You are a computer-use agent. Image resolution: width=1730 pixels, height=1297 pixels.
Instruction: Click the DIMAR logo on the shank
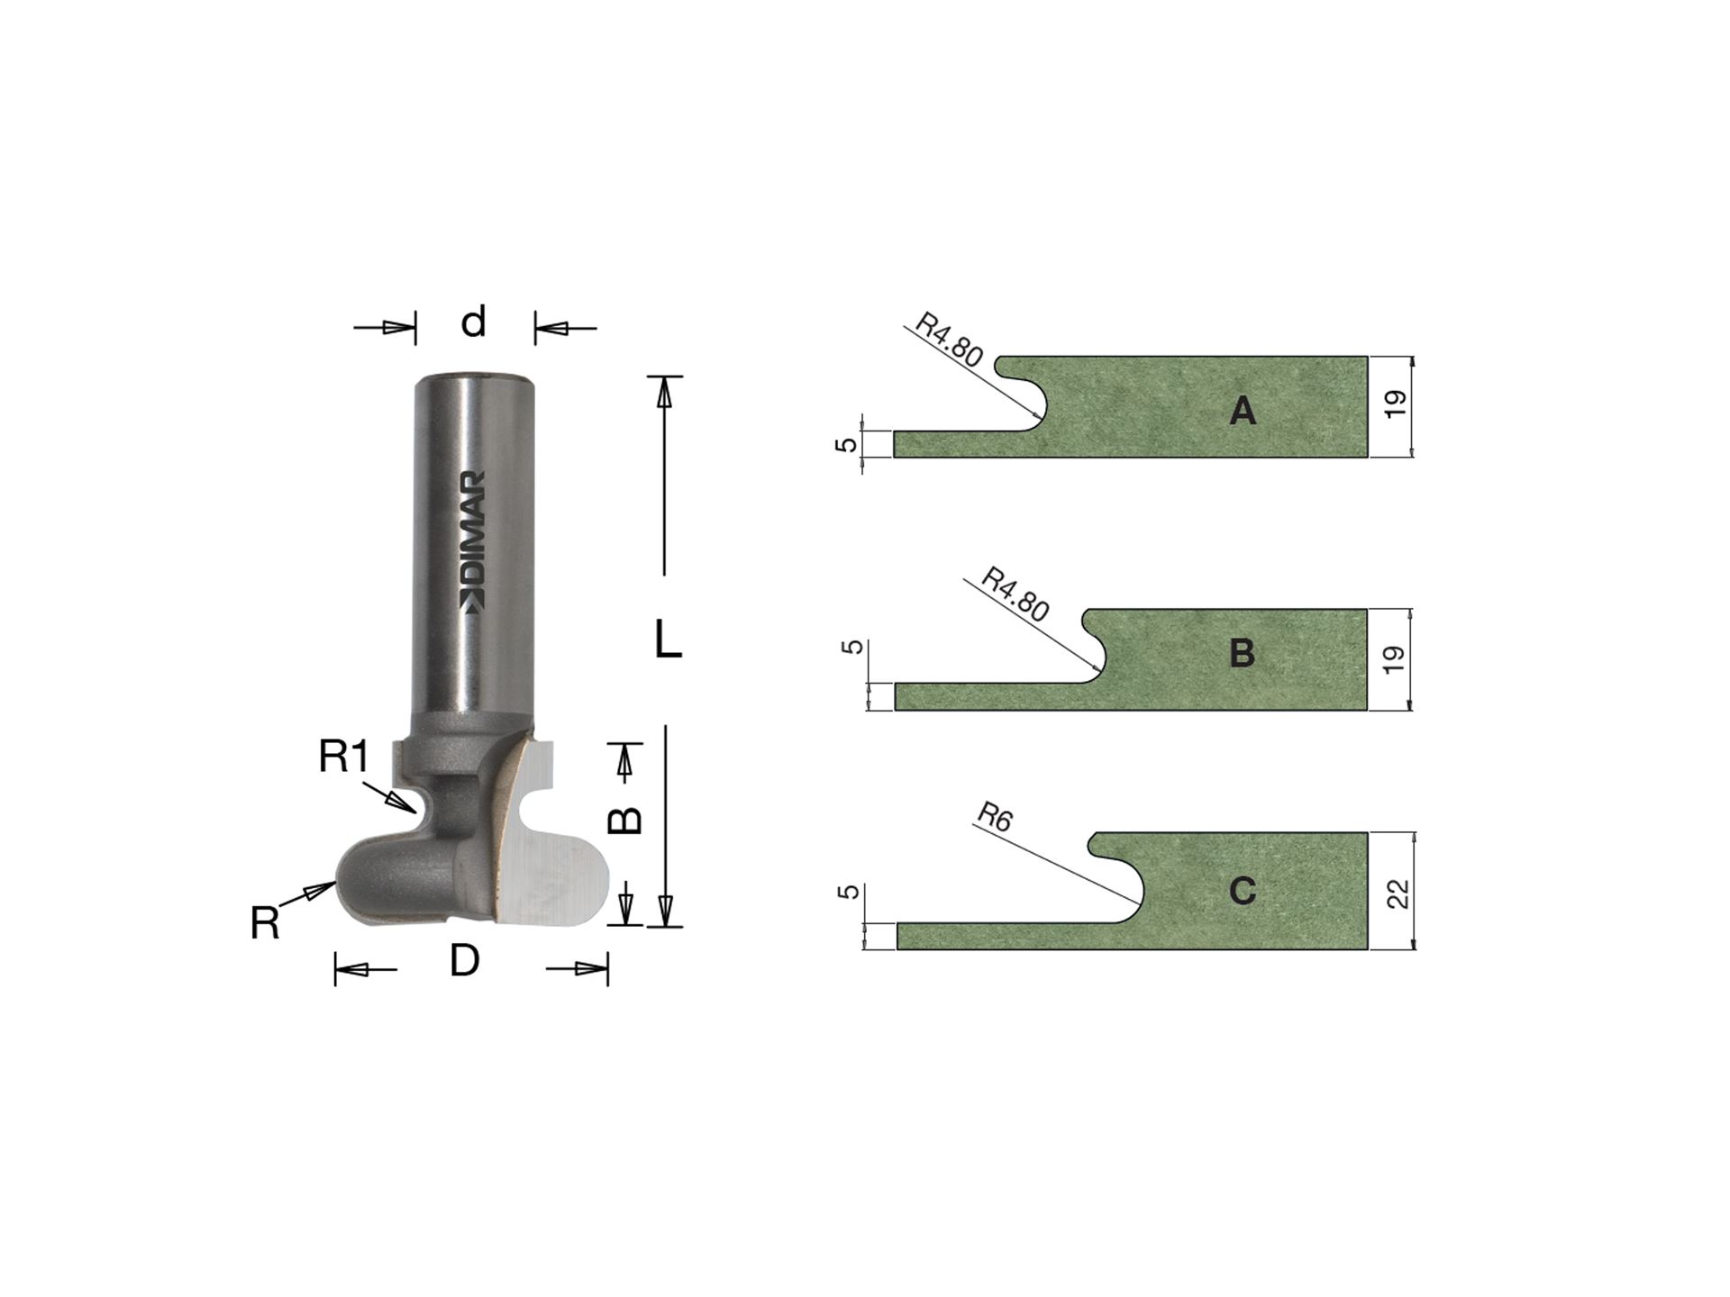tap(473, 542)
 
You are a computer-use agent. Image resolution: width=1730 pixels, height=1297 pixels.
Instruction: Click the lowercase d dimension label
tap(474, 322)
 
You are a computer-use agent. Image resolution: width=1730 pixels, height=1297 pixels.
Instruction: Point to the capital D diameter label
tap(464, 962)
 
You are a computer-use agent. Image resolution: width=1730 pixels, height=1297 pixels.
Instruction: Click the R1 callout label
tap(343, 757)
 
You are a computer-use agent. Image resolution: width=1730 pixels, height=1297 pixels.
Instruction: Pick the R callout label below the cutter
tap(265, 924)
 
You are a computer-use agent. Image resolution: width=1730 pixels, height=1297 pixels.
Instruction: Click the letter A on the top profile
tap(1243, 412)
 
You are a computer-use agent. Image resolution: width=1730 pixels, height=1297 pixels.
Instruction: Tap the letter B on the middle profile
tap(1243, 653)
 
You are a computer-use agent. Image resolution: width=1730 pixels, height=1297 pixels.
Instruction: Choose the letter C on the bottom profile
tap(1243, 892)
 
